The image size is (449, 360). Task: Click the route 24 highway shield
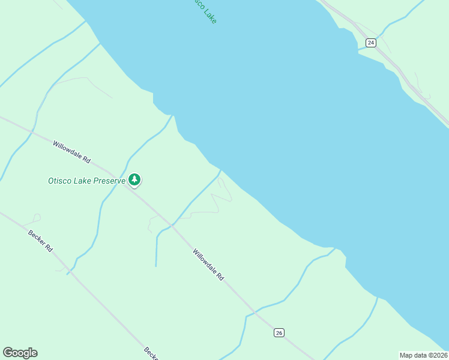(x=371, y=43)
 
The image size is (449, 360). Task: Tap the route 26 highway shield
(x=279, y=332)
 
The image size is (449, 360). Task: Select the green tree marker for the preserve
(x=134, y=179)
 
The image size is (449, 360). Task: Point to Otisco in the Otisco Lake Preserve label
(x=60, y=181)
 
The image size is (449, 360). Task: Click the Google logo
(x=20, y=353)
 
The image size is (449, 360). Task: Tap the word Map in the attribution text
(x=407, y=355)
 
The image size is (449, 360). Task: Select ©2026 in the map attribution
(x=436, y=355)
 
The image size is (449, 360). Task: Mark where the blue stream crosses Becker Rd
(x=70, y=272)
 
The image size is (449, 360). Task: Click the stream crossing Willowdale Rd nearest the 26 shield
(x=255, y=312)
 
